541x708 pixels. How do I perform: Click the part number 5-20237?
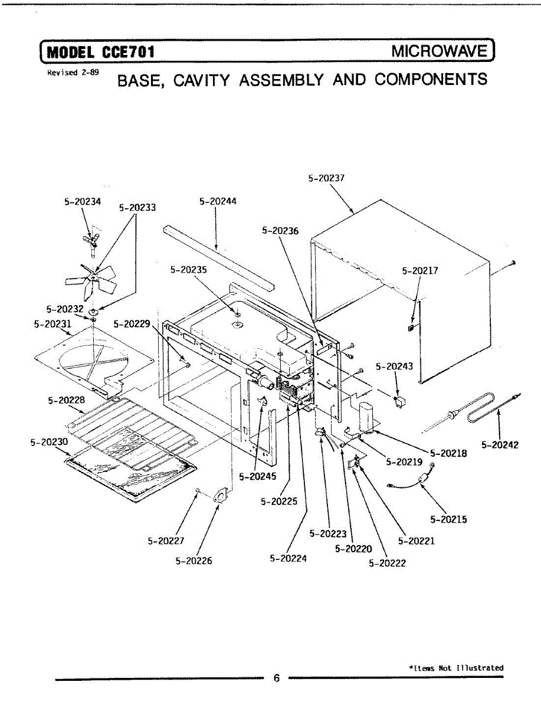pyautogui.click(x=326, y=176)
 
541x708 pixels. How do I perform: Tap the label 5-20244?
pyautogui.click(x=218, y=201)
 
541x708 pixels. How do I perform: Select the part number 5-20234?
pyautogui.click(x=83, y=201)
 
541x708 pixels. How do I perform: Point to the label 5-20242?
pyautogui.click(x=500, y=445)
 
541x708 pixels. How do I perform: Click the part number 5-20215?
pyautogui.click(x=448, y=519)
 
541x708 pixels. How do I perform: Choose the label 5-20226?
pyautogui.click(x=194, y=560)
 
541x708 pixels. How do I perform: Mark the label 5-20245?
pyautogui.click(x=257, y=476)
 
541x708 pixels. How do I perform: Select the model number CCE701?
pyautogui.click(x=128, y=52)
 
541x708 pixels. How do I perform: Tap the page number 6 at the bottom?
pyautogui.click(x=276, y=678)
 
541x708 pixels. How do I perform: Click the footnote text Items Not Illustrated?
pyautogui.click(x=457, y=667)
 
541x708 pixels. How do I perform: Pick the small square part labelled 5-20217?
pyautogui.click(x=411, y=326)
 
